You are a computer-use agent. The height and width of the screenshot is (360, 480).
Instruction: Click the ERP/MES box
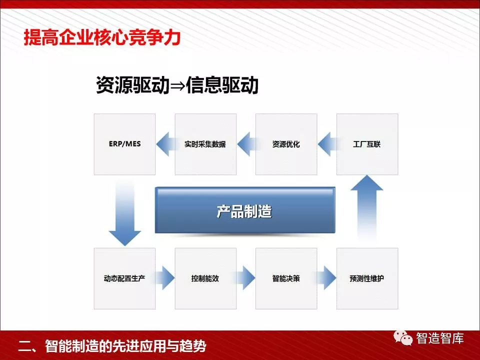(x=124, y=144)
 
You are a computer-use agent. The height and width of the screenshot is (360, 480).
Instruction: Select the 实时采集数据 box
(x=205, y=144)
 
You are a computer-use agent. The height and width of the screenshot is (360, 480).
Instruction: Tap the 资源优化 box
(x=286, y=144)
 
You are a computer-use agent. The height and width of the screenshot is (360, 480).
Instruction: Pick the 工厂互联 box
(x=367, y=144)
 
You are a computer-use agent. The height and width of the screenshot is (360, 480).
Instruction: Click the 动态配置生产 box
(x=124, y=278)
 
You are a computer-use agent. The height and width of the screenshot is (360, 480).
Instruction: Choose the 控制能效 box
(x=205, y=278)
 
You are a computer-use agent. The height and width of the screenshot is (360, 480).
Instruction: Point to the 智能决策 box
(x=286, y=278)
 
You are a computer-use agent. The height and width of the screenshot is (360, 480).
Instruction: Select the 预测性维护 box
(x=367, y=278)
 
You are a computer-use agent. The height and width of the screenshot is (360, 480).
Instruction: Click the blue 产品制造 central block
(x=245, y=210)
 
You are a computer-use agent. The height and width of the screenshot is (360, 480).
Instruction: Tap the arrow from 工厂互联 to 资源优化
(x=327, y=144)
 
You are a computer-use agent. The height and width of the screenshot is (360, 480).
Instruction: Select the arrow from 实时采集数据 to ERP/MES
(x=166, y=144)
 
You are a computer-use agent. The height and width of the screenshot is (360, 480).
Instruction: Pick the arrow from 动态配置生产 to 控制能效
(x=164, y=278)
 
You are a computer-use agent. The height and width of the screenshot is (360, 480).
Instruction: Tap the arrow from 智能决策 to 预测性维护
(x=326, y=278)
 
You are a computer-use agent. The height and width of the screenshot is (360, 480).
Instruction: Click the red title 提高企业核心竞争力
(x=102, y=37)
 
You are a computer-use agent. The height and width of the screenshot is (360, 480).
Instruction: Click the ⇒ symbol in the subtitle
(x=177, y=85)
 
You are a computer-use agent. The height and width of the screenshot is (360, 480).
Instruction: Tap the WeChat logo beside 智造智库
(x=403, y=337)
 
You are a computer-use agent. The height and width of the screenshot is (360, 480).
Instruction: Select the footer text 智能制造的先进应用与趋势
(x=126, y=346)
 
